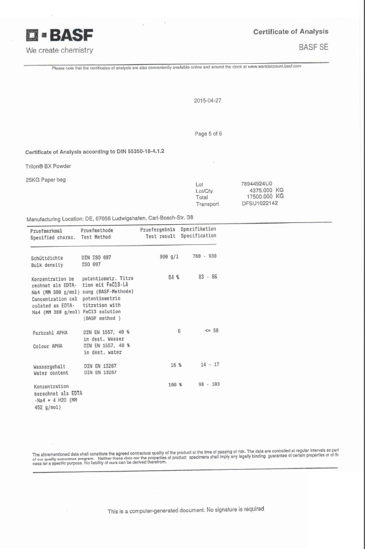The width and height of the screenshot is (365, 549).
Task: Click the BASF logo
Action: (57, 36)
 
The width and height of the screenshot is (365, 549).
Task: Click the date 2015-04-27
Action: (208, 100)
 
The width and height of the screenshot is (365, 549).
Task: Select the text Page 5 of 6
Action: (208, 134)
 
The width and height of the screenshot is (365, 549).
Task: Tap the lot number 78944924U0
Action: (257, 184)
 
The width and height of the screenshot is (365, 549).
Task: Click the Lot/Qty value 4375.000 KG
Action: (267, 191)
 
